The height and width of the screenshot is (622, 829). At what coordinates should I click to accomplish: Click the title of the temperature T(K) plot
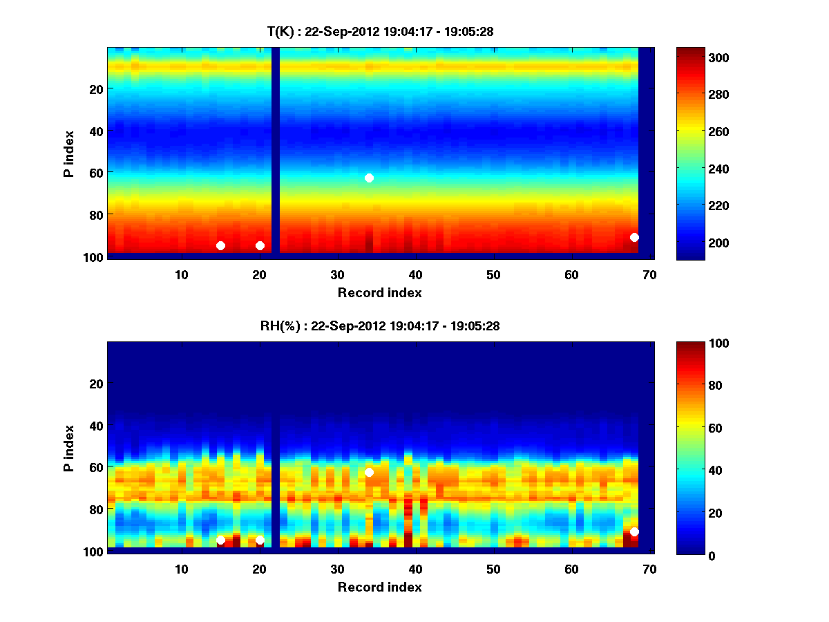(x=380, y=31)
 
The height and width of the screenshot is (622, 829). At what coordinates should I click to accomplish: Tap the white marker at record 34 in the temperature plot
(x=369, y=178)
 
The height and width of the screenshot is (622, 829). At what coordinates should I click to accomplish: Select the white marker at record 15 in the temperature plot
(x=220, y=245)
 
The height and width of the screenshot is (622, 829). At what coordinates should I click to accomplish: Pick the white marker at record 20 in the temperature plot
(x=260, y=245)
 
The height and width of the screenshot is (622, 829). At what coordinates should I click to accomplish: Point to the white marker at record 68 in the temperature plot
(x=634, y=237)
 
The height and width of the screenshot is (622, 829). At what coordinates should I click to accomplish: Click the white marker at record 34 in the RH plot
(x=369, y=472)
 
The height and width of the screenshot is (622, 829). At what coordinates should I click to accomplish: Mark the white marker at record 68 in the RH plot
(x=634, y=531)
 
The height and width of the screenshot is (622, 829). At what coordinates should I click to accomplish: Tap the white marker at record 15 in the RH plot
(x=220, y=540)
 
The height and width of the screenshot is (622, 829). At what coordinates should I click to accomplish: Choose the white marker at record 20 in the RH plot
(x=260, y=540)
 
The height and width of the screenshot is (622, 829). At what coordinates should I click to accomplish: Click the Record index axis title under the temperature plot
(x=379, y=292)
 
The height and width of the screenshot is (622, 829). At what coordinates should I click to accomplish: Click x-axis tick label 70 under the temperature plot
(x=649, y=274)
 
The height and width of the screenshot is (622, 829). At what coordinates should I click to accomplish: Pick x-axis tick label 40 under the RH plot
(x=415, y=569)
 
